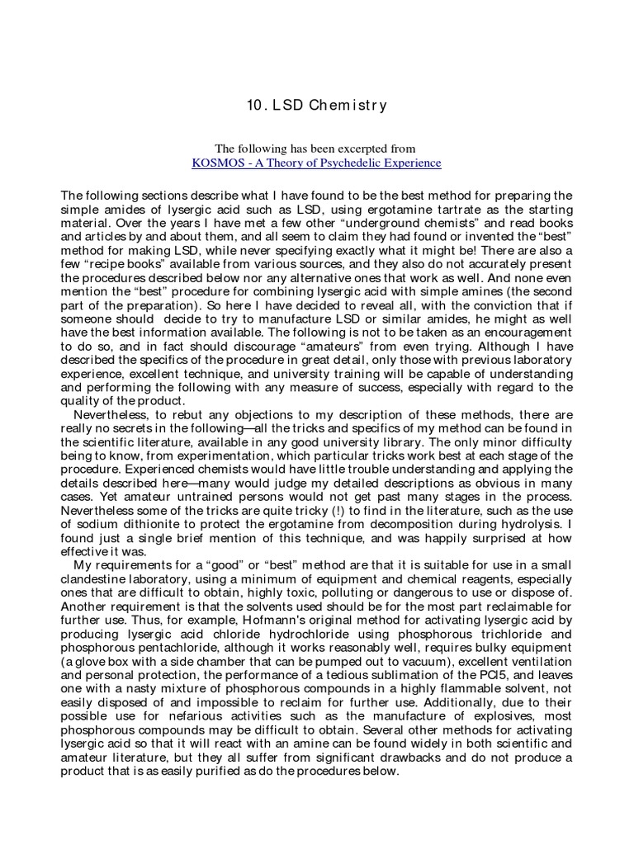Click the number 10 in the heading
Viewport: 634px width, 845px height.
click(x=255, y=106)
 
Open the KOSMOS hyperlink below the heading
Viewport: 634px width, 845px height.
click(x=316, y=163)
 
